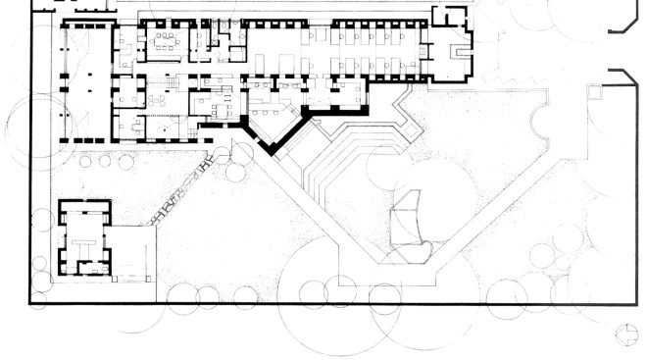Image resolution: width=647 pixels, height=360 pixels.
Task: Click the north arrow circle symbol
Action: click(x=622, y=334)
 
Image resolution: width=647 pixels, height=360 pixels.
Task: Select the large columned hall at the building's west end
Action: click(x=86, y=83)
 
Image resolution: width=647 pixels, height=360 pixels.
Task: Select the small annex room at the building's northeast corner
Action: click(x=447, y=15)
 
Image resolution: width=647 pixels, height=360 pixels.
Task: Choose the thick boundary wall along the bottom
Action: click(x=333, y=305)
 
